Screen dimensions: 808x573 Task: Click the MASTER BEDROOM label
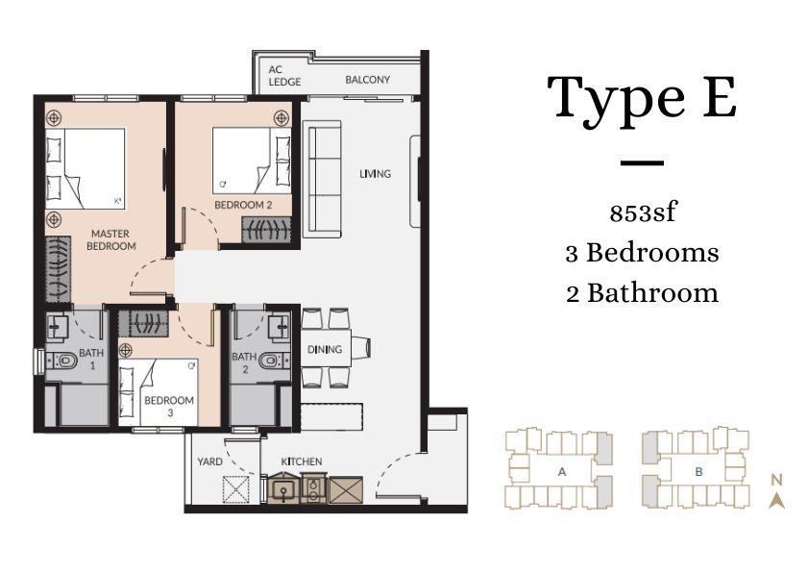coord(110,239)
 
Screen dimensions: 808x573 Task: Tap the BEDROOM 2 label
coord(243,205)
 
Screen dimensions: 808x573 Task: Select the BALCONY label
coord(367,80)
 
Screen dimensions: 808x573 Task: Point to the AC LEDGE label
coord(284,75)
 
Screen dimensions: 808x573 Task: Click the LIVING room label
coord(375,174)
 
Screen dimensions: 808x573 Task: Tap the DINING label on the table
coord(325,350)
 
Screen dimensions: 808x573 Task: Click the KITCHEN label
coord(302,461)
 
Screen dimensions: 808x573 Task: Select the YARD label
coord(209,461)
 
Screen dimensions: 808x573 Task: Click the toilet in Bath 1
coord(61,360)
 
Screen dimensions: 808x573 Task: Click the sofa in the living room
coord(322,179)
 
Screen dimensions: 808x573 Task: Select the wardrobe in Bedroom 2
coord(266,230)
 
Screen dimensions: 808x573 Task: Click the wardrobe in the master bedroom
coord(58,269)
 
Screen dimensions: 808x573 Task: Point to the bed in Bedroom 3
coord(159,392)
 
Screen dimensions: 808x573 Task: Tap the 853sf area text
coord(642,212)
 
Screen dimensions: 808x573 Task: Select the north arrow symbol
coord(776,501)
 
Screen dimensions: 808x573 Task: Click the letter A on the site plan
coord(562,471)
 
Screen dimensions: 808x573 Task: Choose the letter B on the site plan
coord(699,471)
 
